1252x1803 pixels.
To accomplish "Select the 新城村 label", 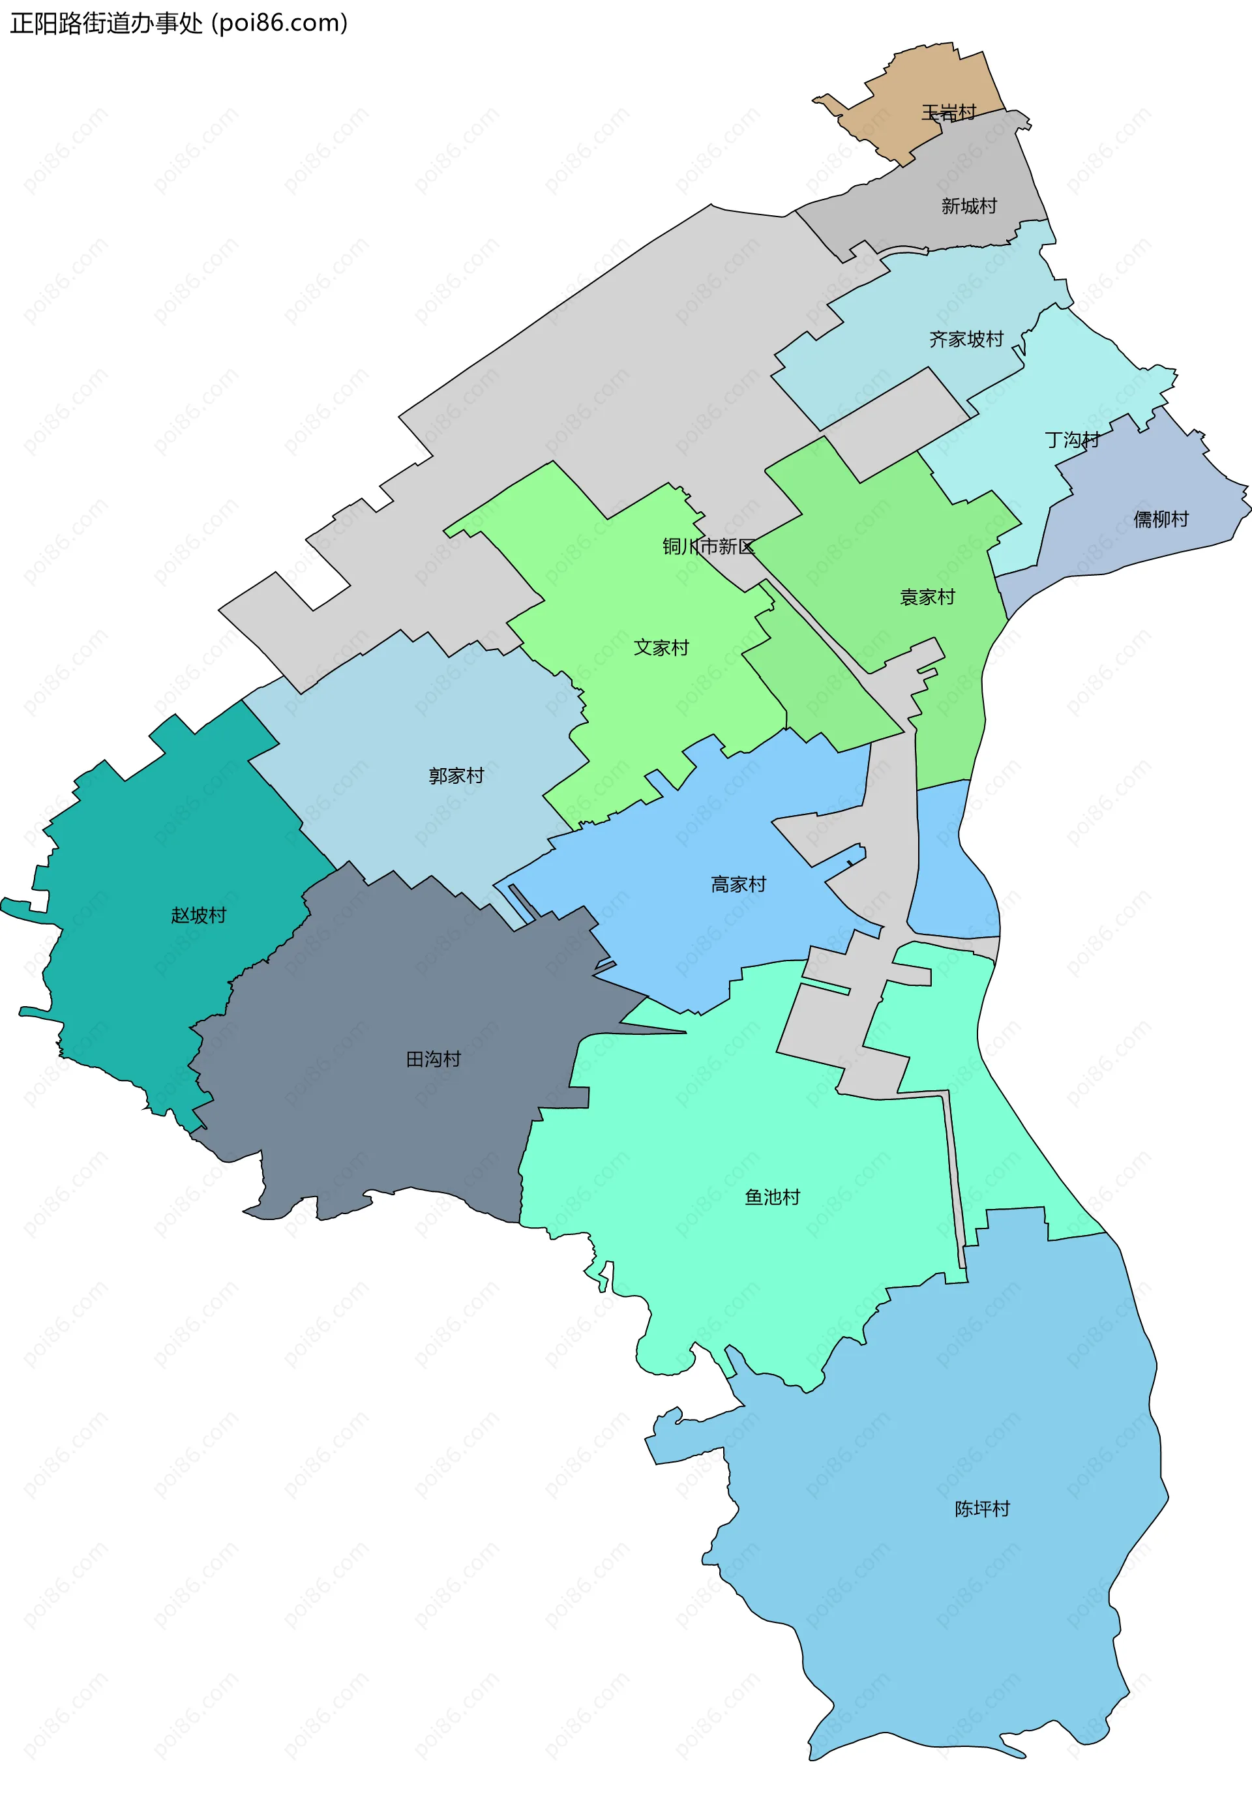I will (x=969, y=206).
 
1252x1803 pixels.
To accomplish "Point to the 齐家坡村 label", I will (x=966, y=340).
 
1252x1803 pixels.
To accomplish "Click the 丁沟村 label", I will (x=1071, y=440).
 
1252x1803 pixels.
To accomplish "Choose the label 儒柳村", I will (x=1161, y=519).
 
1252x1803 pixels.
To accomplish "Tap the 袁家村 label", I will (x=927, y=597).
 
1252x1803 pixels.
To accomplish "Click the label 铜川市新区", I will (x=708, y=546).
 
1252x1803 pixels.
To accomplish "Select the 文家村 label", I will (x=661, y=648).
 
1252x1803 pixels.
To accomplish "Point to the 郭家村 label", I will (x=456, y=775).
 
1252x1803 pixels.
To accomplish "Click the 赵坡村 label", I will (x=198, y=916).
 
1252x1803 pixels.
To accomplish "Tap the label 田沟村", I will (x=433, y=1060).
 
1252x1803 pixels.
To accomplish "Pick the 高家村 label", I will (x=738, y=885).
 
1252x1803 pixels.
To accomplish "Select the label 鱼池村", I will (x=773, y=1197).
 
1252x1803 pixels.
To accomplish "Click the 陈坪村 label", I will (x=982, y=1508).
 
